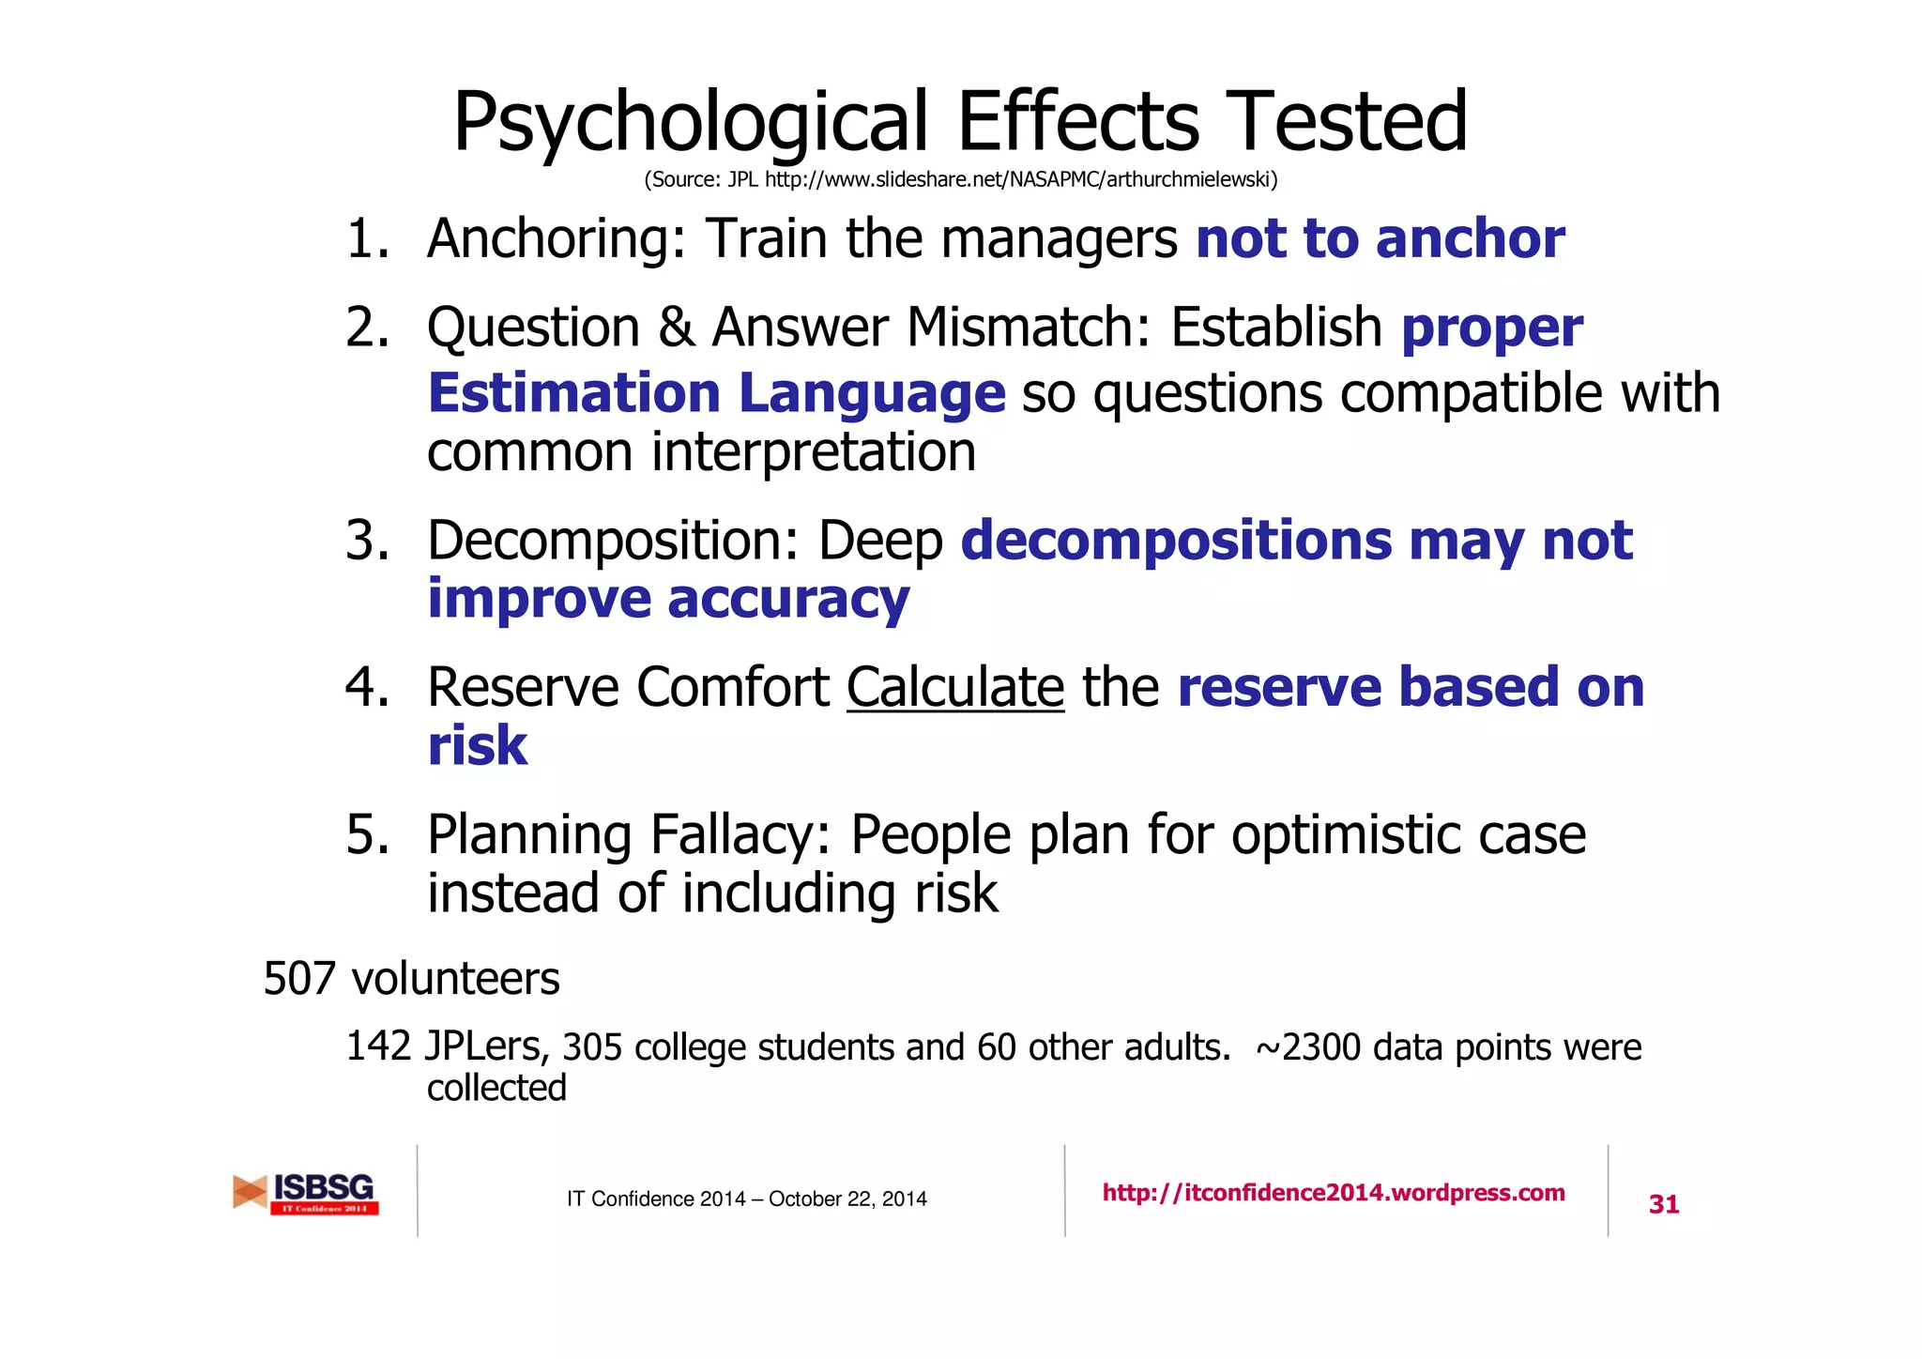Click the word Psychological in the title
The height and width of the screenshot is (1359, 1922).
[x=691, y=122]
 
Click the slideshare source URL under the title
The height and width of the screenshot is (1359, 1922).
[x=1020, y=179]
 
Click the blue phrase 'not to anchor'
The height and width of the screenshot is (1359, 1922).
[x=1380, y=238]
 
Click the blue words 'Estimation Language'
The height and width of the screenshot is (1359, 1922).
[x=716, y=392]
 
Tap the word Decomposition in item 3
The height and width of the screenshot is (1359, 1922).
[x=612, y=541]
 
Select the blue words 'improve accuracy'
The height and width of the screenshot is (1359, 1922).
[x=668, y=599]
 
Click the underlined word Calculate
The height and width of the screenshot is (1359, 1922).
[x=955, y=687]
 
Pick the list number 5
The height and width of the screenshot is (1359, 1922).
[x=365, y=834]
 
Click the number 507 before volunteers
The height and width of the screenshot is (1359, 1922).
[x=299, y=979]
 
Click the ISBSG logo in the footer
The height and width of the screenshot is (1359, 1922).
[x=307, y=1193]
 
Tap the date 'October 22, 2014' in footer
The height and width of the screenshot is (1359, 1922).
[x=847, y=1199]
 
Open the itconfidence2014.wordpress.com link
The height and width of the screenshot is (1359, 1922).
[x=1333, y=1193]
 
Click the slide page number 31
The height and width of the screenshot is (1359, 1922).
[x=1663, y=1204]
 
